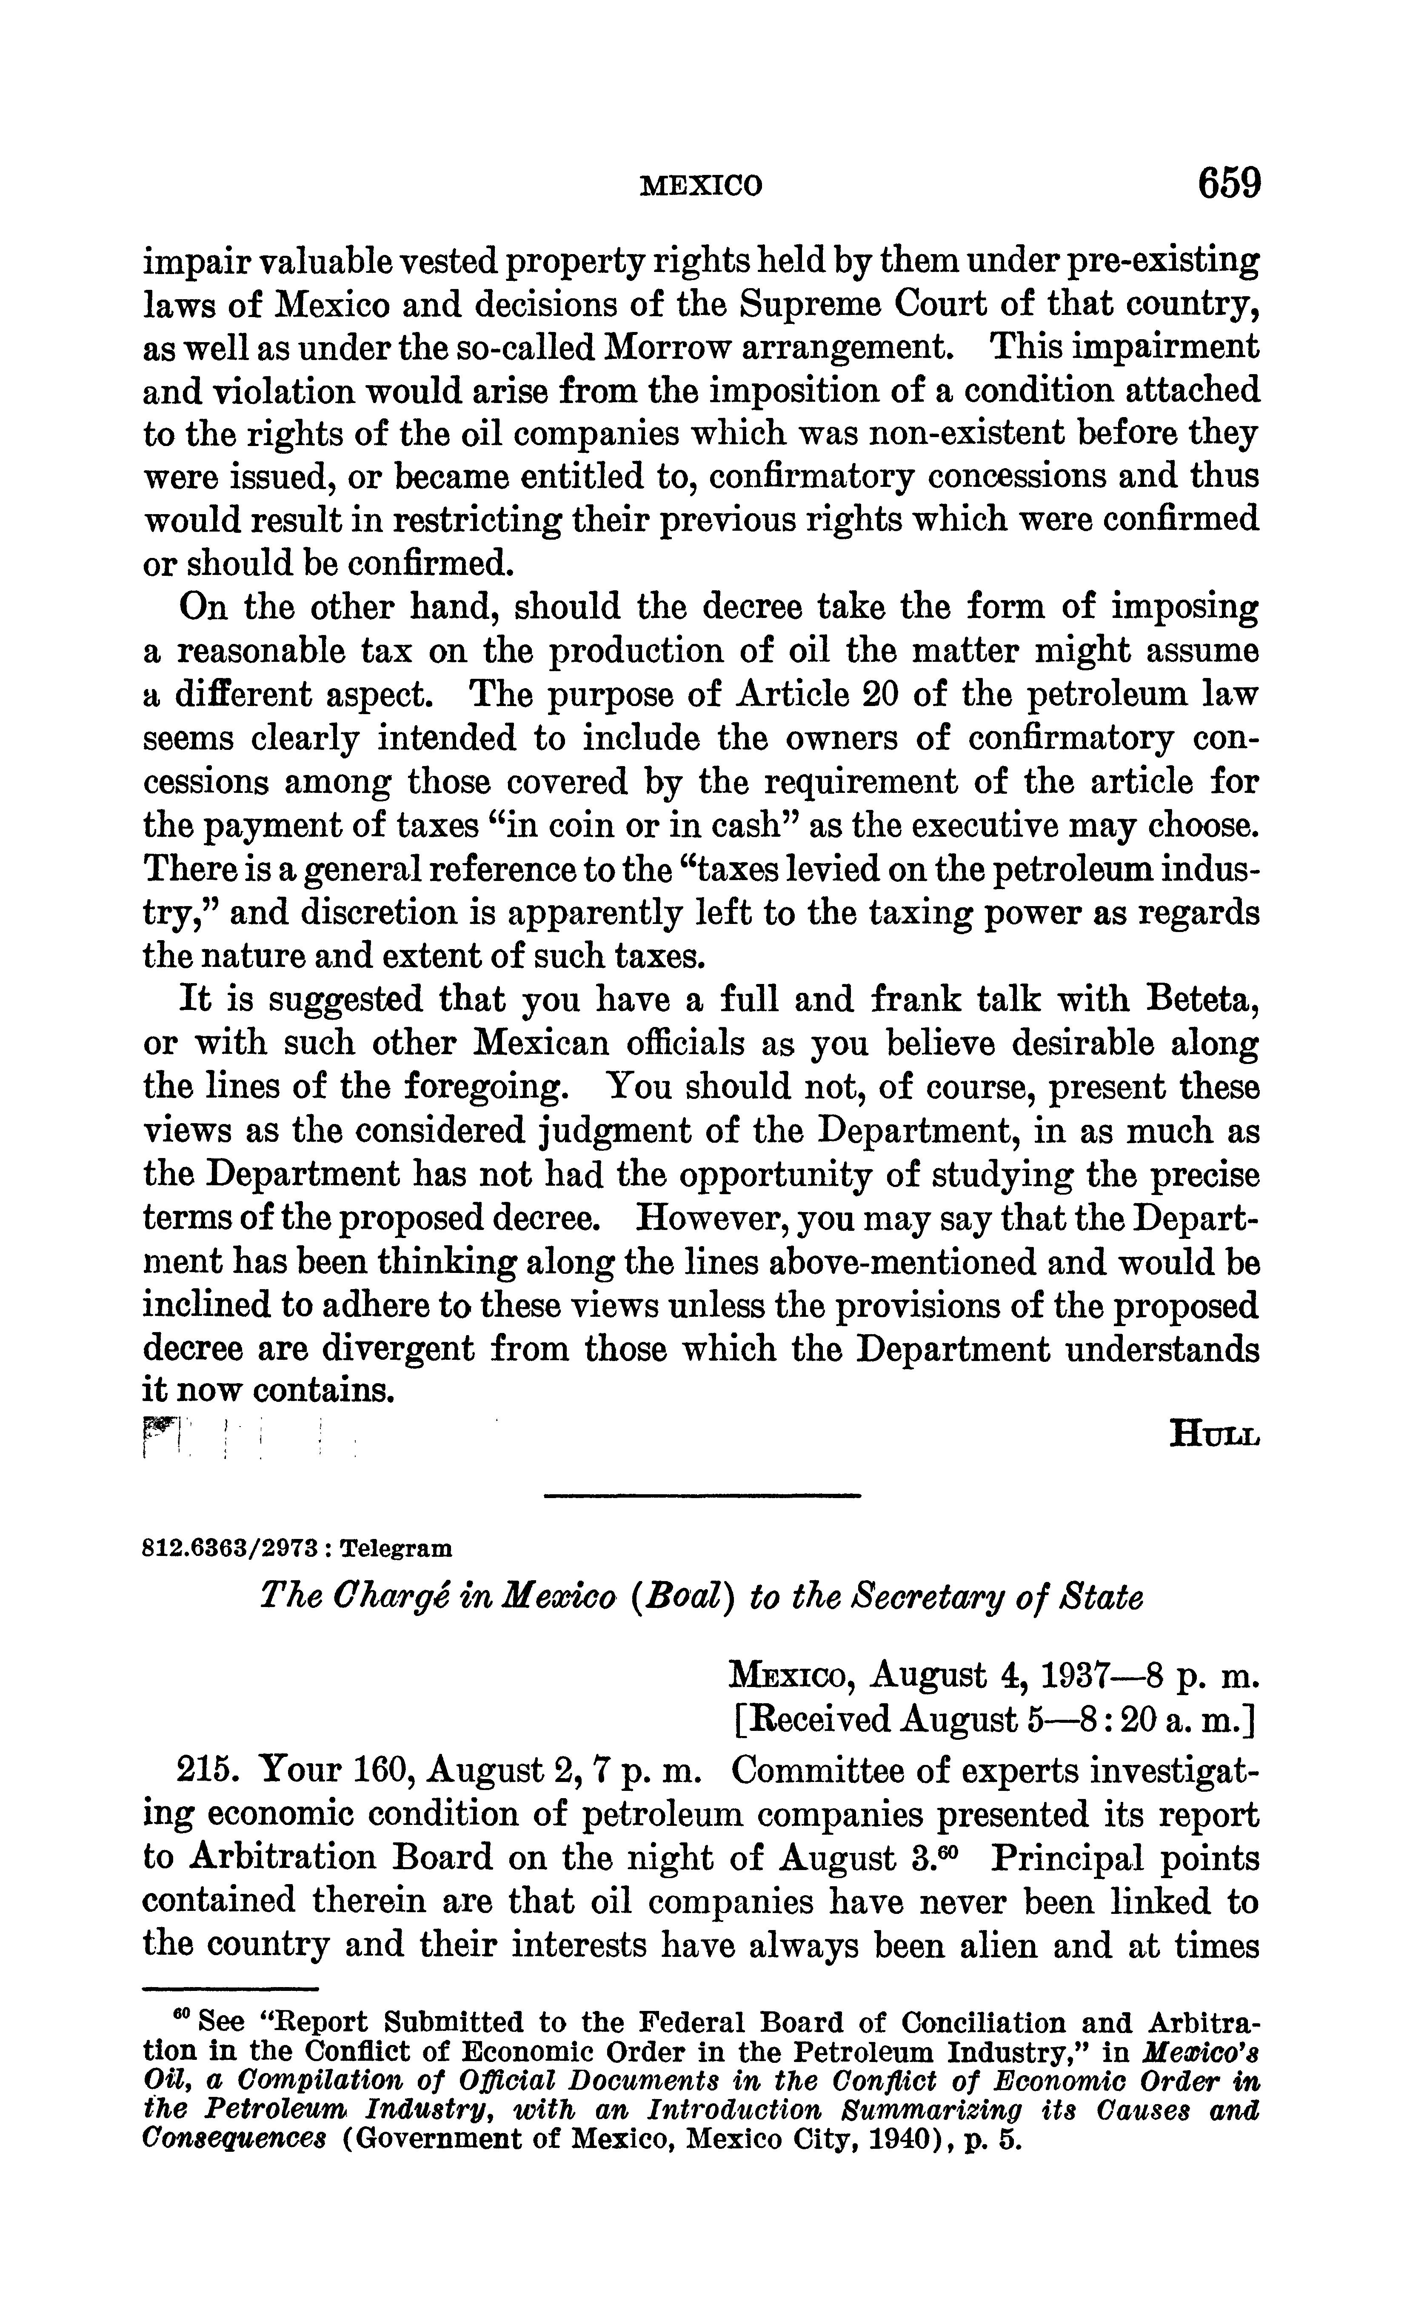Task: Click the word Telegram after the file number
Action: point(397,1549)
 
